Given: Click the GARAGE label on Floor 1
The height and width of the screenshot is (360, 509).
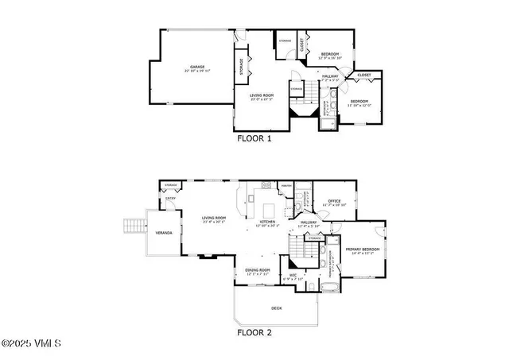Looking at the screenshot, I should (x=197, y=67).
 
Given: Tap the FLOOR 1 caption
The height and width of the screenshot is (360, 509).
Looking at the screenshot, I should (x=254, y=137).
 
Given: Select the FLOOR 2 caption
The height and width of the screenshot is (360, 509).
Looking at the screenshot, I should (x=254, y=333).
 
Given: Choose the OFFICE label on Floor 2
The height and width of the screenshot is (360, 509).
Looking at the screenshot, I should (x=334, y=201).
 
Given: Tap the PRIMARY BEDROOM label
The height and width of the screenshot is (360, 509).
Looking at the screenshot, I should (x=362, y=249).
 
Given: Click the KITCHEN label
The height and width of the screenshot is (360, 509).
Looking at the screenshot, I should (x=268, y=222).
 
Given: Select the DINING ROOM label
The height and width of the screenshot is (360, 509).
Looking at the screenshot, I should (x=258, y=270).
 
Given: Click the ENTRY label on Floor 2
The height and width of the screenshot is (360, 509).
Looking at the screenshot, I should (x=170, y=199).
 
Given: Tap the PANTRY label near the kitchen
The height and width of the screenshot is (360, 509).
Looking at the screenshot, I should (x=288, y=187).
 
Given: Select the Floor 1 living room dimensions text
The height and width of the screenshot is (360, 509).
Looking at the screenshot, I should (x=262, y=99).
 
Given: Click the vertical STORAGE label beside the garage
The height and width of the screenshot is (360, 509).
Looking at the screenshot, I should (x=241, y=68).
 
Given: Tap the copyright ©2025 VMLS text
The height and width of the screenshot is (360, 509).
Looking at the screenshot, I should (x=31, y=344).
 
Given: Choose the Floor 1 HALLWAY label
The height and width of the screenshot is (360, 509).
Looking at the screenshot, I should (x=330, y=75).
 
